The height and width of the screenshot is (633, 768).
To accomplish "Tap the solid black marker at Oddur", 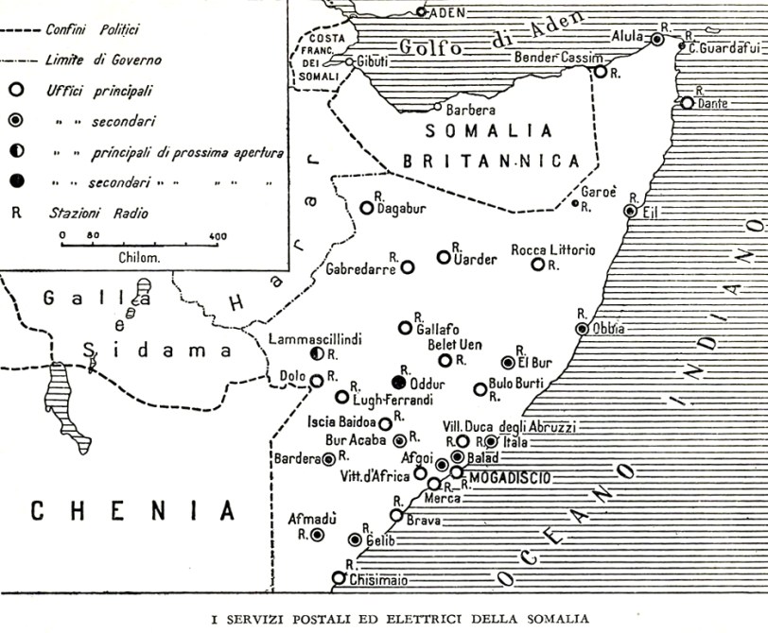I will (398, 383).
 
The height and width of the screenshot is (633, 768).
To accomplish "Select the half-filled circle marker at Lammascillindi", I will (318, 353).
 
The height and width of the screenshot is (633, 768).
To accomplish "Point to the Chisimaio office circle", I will (339, 578).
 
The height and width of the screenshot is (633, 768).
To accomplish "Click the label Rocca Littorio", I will (553, 249).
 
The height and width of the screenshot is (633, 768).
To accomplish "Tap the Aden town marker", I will (421, 12).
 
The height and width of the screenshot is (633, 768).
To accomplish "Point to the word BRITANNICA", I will (491, 162).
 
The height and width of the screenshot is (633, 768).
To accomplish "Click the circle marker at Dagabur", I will (367, 208).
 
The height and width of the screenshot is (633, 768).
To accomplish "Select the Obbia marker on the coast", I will (582, 329).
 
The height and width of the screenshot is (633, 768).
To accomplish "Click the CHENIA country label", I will (132, 511).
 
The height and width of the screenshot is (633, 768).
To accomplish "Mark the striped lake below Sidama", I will (69, 406).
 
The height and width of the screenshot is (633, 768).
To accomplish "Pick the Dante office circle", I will (688, 103).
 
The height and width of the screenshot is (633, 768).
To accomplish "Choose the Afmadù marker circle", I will (318, 535).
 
